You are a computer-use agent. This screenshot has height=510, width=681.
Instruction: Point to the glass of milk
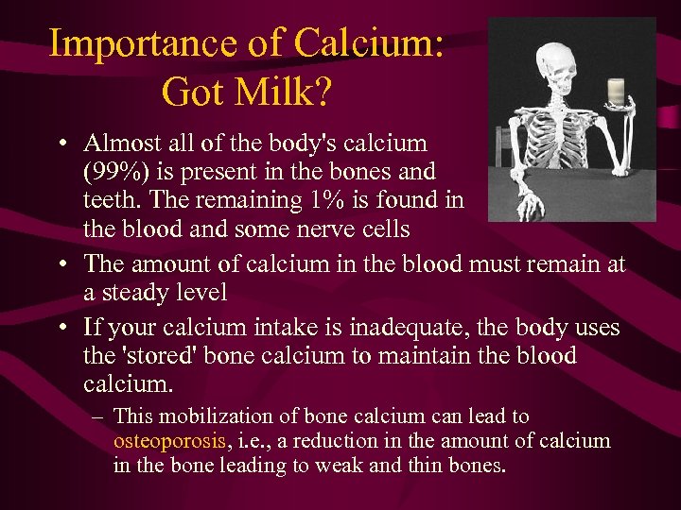[x=617, y=92]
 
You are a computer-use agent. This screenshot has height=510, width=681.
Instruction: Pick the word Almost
[x=118, y=144]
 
